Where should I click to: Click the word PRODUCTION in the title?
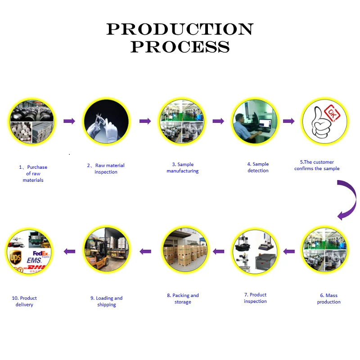[180, 29]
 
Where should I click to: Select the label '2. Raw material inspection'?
[106, 169]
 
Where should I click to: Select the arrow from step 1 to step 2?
[69, 121]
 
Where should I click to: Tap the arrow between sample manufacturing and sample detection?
[218, 121]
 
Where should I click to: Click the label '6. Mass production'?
[329, 299]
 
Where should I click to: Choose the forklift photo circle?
[106, 250]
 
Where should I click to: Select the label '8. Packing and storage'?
[183, 299]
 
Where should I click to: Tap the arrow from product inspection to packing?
[218, 251]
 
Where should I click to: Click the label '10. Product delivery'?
[24, 301]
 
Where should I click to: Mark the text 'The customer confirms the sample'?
[317, 165]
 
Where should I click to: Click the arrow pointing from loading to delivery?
[69, 251]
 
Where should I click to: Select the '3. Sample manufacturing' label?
[182, 168]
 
